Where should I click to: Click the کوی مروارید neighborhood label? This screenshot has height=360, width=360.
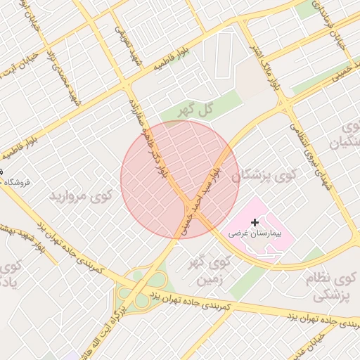(80, 195)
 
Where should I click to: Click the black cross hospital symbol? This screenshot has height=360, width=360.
(255, 222)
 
